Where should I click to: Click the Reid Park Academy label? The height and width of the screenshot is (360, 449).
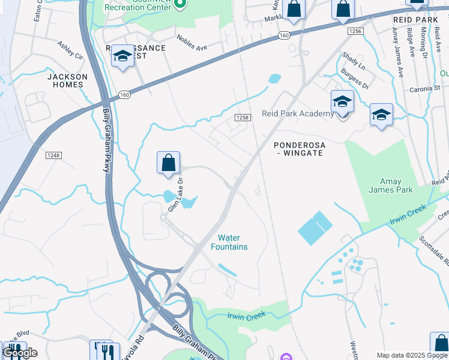pos(297,114)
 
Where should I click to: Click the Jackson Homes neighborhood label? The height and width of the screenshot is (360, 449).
pos(67,80)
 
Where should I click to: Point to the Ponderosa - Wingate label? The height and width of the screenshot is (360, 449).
pos(298,149)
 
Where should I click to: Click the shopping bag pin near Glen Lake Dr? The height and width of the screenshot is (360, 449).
pos(168,163)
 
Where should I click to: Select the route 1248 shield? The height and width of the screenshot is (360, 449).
pos(53,155)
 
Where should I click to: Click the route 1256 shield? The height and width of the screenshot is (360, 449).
pos(355,31)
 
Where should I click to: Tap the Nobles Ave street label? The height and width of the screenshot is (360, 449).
pos(191,42)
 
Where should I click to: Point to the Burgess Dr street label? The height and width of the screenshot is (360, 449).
pos(354,80)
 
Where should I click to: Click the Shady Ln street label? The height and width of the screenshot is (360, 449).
pos(354,62)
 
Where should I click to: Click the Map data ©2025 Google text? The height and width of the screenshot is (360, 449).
pos(411,355)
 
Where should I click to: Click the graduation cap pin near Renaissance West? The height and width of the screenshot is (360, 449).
pos(122,56)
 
